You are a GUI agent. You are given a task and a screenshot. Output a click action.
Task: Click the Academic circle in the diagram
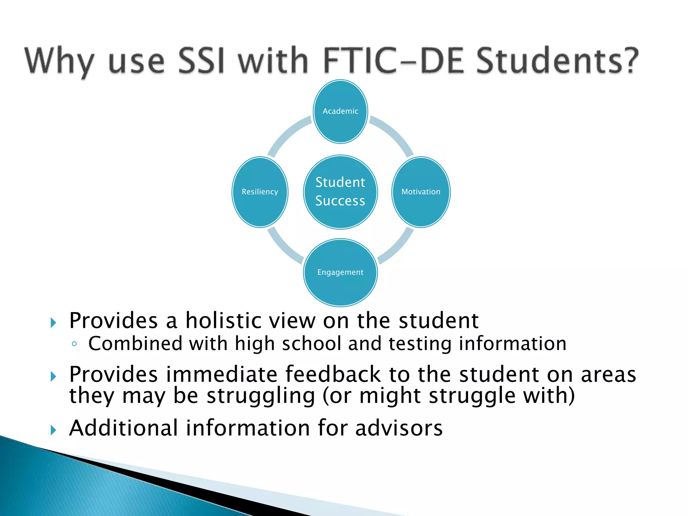[340, 112]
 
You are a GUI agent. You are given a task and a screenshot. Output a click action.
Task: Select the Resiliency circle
[260, 192]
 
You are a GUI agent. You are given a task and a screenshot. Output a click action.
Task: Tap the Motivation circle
[421, 192]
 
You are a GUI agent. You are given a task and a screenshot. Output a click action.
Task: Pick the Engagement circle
[340, 272]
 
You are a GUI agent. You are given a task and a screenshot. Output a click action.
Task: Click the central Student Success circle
[340, 192]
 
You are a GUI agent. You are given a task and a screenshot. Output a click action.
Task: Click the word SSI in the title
[201, 60]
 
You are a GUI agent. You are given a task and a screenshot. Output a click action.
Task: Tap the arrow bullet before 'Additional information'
[53, 430]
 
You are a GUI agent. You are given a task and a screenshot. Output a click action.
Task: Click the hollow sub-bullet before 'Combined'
[74, 344]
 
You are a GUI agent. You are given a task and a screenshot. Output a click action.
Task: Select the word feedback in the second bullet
[333, 374]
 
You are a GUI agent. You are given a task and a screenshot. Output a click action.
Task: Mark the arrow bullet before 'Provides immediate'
[53, 376]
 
